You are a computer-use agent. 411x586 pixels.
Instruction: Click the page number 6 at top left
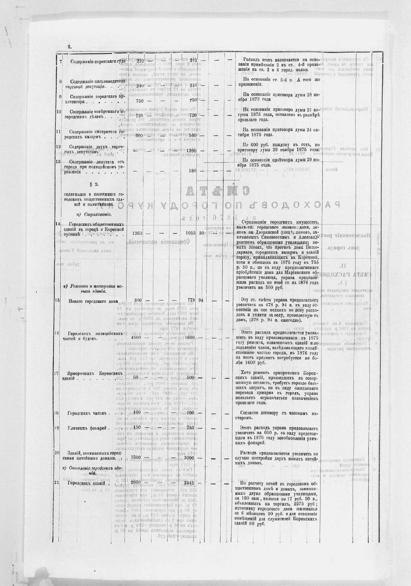pyautogui.click(x=69, y=47)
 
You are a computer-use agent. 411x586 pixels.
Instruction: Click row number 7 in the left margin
pyautogui.click(x=60, y=61)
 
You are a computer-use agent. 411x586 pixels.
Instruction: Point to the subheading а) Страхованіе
pyautogui.click(x=92, y=214)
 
